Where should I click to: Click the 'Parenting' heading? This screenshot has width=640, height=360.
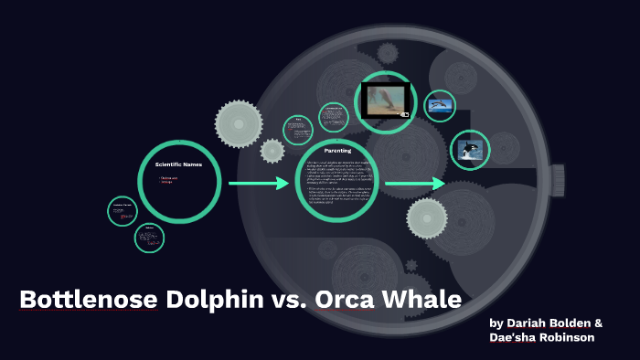(x=338, y=150)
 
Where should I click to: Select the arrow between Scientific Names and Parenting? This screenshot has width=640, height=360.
(x=259, y=184)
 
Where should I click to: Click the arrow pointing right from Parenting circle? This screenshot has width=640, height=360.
(x=414, y=185)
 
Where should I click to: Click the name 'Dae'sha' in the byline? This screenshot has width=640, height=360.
(x=512, y=337)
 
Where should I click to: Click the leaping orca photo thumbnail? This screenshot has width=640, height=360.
(x=469, y=150)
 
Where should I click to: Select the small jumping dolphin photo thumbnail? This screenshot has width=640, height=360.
(x=441, y=106)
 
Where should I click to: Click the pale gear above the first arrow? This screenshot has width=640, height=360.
(x=239, y=120)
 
